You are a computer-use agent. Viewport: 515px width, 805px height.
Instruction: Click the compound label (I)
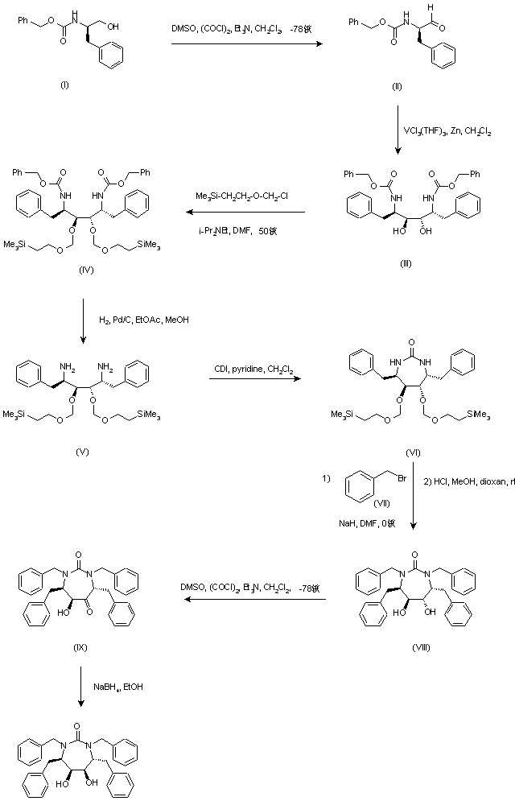[x=64, y=86]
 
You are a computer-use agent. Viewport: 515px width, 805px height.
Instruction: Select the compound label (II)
[x=397, y=86]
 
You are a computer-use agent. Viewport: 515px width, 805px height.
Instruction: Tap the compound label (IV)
[x=87, y=270]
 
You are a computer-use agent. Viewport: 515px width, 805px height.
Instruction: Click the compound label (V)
[x=82, y=452]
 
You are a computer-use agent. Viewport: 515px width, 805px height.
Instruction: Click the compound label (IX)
[x=79, y=646]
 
